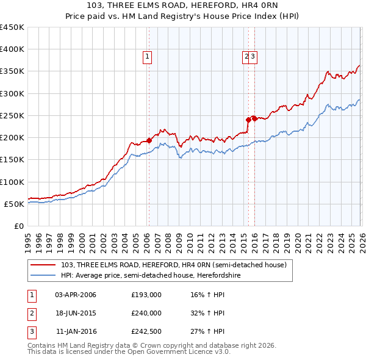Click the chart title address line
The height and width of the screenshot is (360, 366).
pos(182,6)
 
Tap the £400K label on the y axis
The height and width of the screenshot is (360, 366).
pos(12,49)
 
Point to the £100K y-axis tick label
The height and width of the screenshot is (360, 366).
pos(12,182)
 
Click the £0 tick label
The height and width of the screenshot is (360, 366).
pos(18,226)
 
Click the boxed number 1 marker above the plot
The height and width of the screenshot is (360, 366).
pos(148,57)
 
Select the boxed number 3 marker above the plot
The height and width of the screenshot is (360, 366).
pos(253,57)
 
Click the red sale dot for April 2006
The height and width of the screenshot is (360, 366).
pos(149,141)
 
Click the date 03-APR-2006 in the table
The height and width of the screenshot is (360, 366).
pos(76,295)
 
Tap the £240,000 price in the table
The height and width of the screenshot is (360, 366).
pos(146,313)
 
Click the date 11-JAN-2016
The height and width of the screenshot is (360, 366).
pos(76,331)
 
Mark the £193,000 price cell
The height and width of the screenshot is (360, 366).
pos(146,295)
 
